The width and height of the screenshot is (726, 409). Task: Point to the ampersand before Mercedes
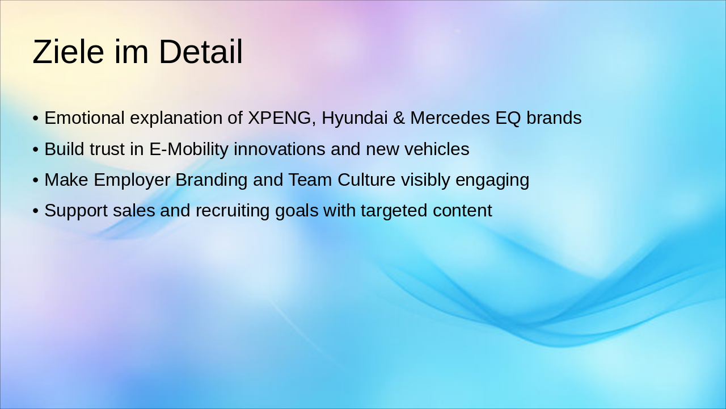click(x=399, y=118)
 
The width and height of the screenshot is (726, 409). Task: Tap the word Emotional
click(x=85, y=118)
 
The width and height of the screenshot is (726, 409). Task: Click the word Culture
click(x=366, y=180)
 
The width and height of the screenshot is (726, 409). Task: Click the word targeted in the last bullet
click(x=394, y=211)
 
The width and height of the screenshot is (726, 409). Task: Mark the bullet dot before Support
click(x=36, y=211)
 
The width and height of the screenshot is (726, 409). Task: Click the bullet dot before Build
click(x=36, y=149)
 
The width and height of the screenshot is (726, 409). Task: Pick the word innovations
click(x=279, y=149)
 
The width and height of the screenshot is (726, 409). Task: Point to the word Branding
click(x=212, y=180)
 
